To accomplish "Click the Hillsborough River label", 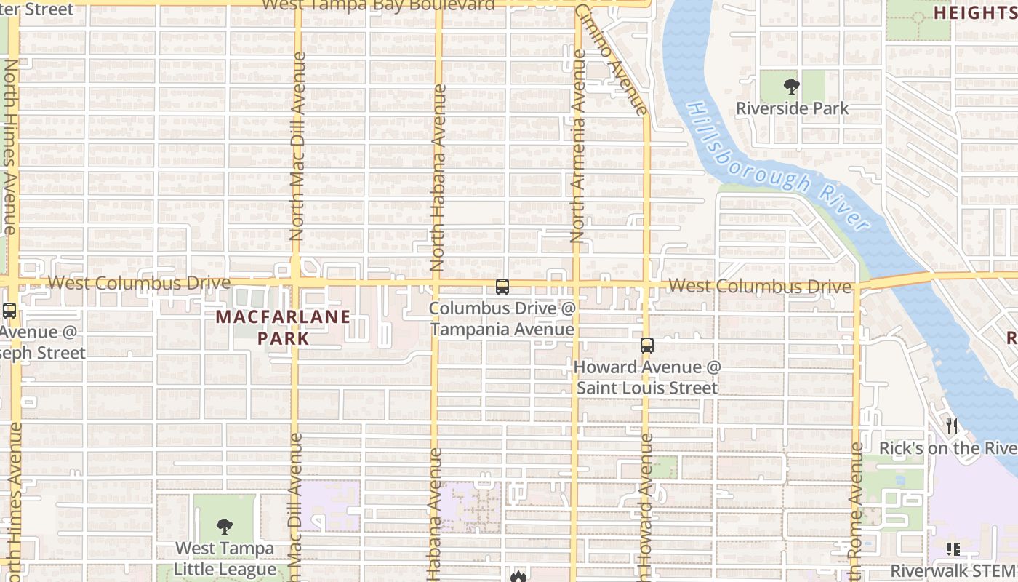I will [x=777, y=167].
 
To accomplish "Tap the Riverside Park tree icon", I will [x=792, y=87].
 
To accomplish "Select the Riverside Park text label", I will [x=792, y=108].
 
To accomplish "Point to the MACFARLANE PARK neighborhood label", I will [x=283, y=327].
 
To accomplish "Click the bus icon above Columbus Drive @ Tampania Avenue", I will [x=502, y=286].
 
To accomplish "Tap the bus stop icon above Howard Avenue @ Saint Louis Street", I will [x=647, y=346].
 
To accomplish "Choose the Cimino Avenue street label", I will [x=612, y=58].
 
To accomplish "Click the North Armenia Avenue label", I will [x=578, y=145].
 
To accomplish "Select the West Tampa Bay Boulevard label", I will [x=378, y=5].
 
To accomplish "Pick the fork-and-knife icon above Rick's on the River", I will [x=952, y=426].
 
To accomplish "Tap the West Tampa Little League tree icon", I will [x=225, y=525].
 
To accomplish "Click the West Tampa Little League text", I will [x=225, y=559].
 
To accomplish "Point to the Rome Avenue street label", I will [x=856, y=509].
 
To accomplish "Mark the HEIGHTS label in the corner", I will [x=974, y=12].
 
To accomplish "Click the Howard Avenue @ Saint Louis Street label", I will [x=647, y=378].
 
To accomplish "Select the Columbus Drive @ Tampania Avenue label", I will [x=502, y=319].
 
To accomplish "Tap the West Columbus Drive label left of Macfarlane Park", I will [x=139, y=282].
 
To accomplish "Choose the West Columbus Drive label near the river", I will [x=759, y=286].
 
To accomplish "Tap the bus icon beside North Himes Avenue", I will [x=9, y=311].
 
